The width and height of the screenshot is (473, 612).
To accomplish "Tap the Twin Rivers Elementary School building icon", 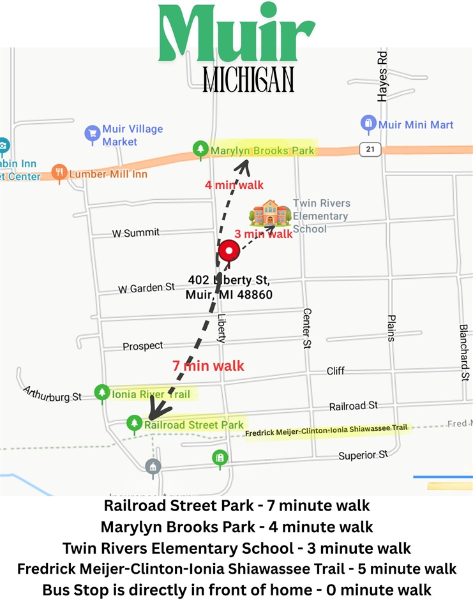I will tap(269, 214).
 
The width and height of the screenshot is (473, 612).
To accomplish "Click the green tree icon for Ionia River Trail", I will tap(101, 392).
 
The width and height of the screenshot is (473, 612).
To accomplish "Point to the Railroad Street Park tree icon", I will tap(134, 422).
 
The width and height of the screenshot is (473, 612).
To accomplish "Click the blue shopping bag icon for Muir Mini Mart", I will tap(368, 123).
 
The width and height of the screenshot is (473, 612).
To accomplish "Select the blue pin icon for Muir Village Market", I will tap(92, 133).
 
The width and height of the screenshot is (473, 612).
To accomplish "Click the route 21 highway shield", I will tap(370, 149).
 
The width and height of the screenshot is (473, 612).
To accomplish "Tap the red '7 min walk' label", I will tap(208, 366).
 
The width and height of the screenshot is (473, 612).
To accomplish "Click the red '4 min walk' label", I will tap(234, 185).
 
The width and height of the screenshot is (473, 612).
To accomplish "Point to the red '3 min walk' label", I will tap(264, 234).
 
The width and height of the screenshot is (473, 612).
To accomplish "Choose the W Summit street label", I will tap(135, 233).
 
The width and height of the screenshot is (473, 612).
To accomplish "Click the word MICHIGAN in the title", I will tap(248, 80).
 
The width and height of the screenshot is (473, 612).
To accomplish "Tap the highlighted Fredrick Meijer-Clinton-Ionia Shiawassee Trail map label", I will tap(326, 431).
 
